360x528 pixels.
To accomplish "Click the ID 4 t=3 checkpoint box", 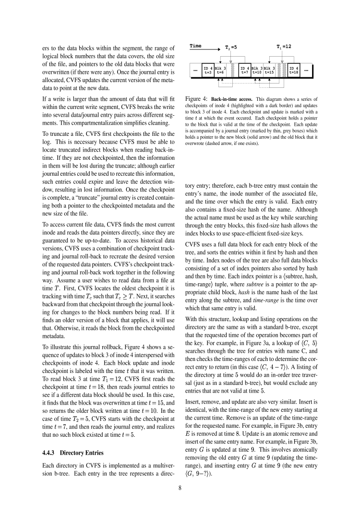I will click(x=208, y=70).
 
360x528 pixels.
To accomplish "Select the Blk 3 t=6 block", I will click(x=221, y=70).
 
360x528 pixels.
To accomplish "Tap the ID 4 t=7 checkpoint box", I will click(x=245, y=70).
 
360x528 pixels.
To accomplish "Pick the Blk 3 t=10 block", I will click(x=257, y=70).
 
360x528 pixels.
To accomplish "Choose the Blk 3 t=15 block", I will click(x=269, y=70).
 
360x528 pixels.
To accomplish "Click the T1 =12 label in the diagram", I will click(x=284, y=47).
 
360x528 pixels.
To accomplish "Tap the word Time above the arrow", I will click(x=195, y=46).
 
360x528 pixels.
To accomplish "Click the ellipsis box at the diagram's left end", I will click(x=195, y=70).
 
